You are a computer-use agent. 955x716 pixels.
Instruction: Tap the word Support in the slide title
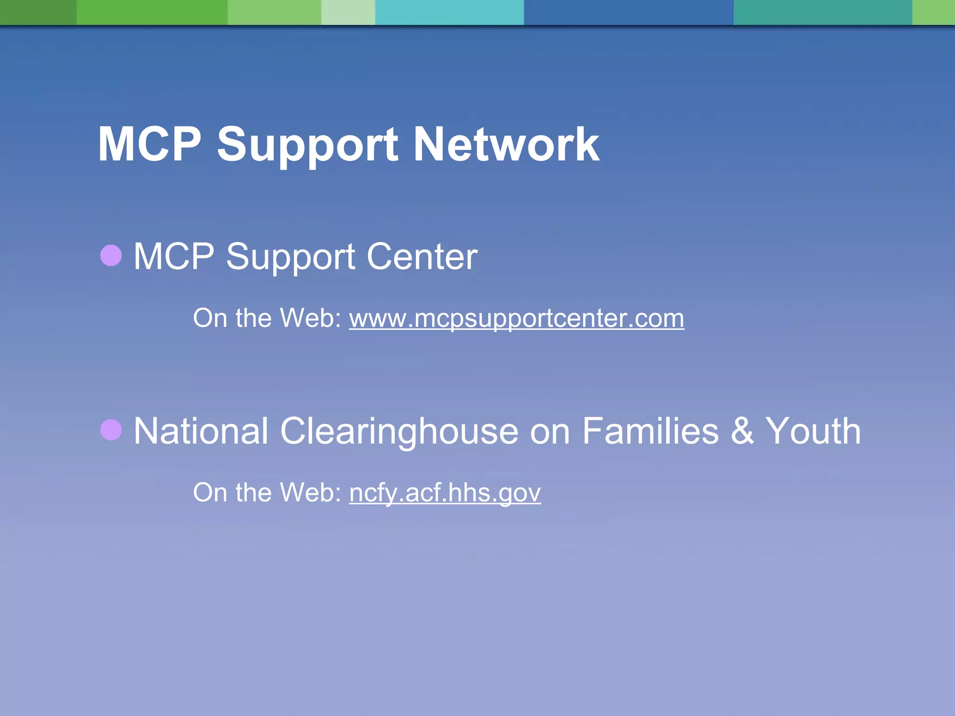307,145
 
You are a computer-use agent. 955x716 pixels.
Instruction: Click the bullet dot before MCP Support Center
111,255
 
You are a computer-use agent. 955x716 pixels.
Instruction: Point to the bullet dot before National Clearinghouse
111,430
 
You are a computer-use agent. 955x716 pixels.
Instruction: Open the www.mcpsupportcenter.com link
516,318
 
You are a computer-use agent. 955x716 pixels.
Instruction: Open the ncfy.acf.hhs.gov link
445,493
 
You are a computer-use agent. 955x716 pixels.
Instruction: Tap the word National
201,431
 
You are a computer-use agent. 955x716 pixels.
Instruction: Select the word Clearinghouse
399,432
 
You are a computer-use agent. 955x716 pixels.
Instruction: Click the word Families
651,431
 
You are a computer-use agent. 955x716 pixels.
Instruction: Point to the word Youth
813,431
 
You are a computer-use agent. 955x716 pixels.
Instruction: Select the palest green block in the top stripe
348,12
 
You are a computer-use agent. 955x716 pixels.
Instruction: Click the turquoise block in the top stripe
450,12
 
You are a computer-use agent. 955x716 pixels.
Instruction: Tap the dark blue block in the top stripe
629,12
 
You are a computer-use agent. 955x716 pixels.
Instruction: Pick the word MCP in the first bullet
174,256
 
